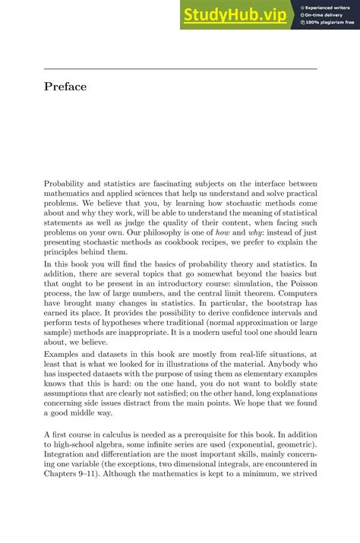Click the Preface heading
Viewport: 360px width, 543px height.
pos(65,87)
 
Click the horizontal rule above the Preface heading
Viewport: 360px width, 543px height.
pos(180,69)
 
